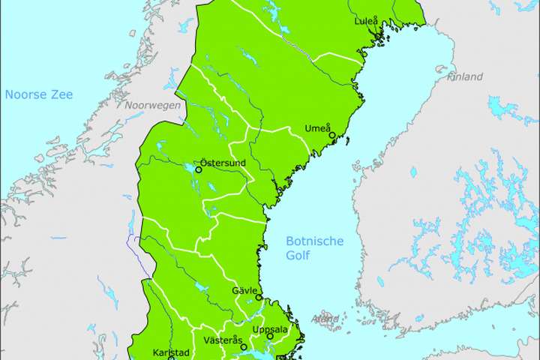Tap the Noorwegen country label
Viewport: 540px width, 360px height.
pos(153,106)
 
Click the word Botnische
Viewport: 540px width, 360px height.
pos(315,241)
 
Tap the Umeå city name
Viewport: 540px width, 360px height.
pos(317,128)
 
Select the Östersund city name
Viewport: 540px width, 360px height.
pos(225,162)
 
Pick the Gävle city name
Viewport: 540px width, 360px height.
pos(245,290)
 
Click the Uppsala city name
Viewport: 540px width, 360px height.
pos(270,329)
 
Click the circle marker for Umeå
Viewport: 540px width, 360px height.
pos(332,136)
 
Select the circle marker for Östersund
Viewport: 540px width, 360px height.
pos(199,169)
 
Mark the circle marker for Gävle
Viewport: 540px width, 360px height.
pos(259,298)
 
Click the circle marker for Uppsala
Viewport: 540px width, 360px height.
pos(270,336)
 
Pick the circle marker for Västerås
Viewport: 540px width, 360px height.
pos(244,347)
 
